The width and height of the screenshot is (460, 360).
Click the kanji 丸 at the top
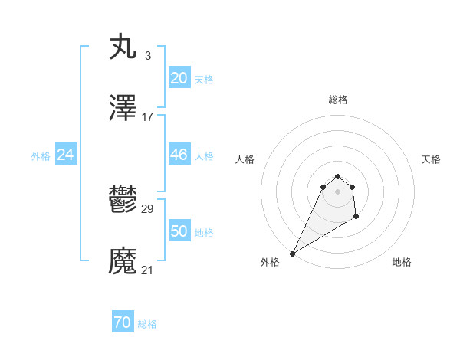coord(123,47)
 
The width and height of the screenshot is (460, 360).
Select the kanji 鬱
coord(123,200)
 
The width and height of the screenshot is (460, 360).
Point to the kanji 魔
coord(123,261)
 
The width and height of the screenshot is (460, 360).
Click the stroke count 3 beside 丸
coord(148,55)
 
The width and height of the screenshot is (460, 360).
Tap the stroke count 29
coord(148,208)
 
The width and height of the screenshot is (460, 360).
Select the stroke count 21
coord(148,270)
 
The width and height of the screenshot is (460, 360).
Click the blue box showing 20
coord(179,78)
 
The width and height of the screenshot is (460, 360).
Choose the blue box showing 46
coord(179,155)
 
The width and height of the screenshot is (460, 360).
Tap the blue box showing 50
coord(179,231)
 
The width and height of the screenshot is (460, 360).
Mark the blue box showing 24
coord(66,155)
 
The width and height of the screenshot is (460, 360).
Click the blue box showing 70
coord(123,323)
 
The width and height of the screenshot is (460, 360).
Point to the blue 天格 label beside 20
coord(204,80)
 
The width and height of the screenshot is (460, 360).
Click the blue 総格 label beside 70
coord(147,325)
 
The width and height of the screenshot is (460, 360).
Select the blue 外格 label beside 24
coord(41,156)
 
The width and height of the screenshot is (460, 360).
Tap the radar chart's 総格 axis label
coord(338,100)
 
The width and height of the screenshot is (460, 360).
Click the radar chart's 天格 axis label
coord(431,159)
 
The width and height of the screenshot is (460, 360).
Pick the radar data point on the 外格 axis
coord(292,253)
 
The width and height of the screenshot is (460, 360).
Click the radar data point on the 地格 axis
coord(356,218)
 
